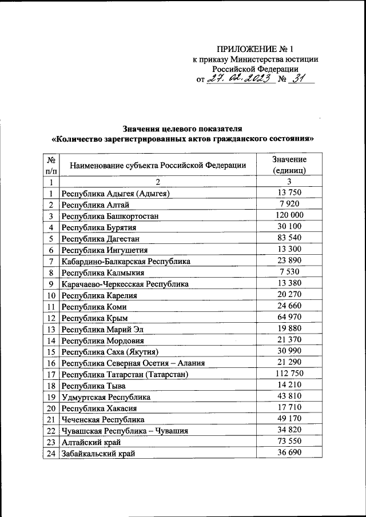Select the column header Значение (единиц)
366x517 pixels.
click(x=289, y=165)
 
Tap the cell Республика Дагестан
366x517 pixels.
click(x=101, y=238)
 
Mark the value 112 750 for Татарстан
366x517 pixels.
click(x=289, y=373)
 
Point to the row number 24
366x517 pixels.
click(x=51, y=453)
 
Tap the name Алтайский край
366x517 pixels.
click(x=91, y=442)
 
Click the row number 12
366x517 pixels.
click(x=51, y=317)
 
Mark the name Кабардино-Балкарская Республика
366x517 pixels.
click(x=126, y=261)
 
